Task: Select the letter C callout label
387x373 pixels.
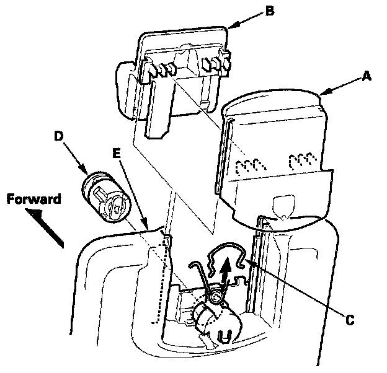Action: tap(350, 320)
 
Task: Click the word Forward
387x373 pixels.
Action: tap(35, 200)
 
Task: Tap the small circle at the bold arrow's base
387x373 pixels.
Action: tap(214, 298)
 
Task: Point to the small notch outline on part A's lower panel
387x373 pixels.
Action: tap(283, 205)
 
